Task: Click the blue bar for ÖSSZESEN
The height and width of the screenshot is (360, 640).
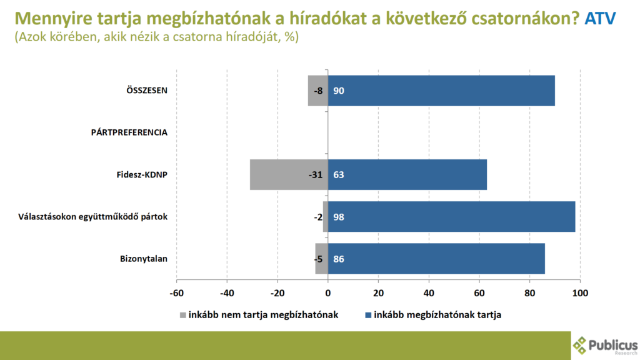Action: (x=441, y=91)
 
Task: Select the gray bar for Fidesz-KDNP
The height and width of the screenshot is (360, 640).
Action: (x=289, y=174)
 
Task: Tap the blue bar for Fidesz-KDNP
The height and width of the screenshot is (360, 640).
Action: (x=407, y=174)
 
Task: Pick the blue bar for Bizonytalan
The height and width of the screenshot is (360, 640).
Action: (x=436, y=258)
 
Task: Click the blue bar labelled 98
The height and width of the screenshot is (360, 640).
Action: (x=451, y=216)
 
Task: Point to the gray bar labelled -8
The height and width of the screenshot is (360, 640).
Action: (x=317, y=91)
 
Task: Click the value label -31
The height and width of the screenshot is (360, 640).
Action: (x=315, y=174)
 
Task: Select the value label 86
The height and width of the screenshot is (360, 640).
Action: (x=339, y=258)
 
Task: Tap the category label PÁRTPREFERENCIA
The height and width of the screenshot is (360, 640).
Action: (x=129, y=132)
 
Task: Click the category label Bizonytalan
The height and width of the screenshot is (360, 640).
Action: (x=143, y=258)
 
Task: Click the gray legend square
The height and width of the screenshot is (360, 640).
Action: (x=183, y=315)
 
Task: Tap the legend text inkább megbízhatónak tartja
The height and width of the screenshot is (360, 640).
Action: (x=437, y=315)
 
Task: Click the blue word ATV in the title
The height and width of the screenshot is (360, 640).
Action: (x=601, y=19)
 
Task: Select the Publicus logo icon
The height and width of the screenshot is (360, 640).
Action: (x=580, y=345)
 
